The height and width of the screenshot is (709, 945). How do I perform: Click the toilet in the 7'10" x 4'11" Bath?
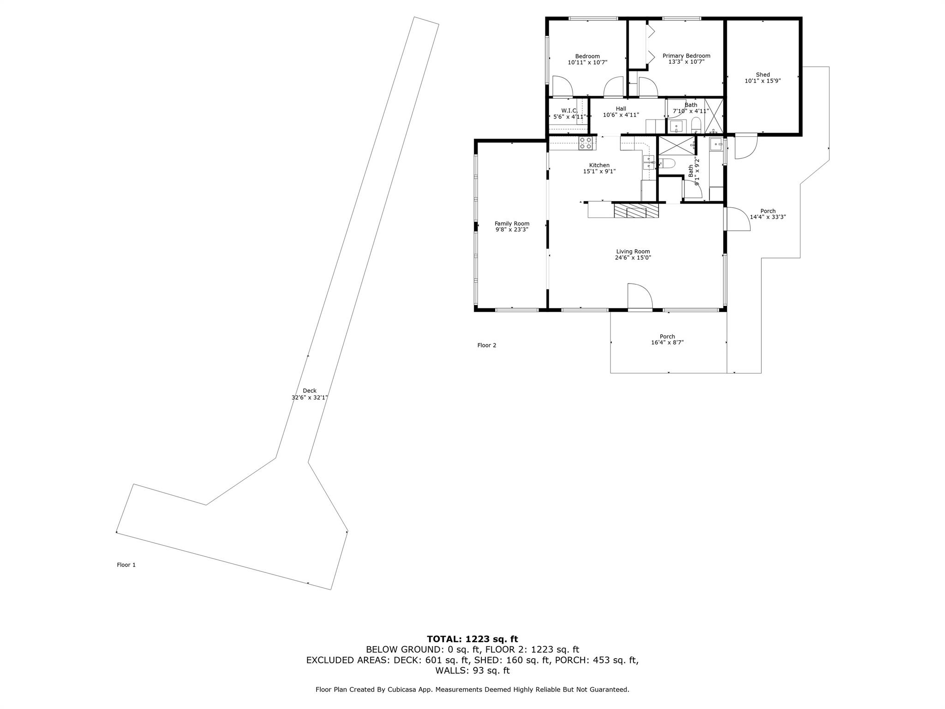pos(696,125)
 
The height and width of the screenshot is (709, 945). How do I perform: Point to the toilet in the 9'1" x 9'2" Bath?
pos(668,162)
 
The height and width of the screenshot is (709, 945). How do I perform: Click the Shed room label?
pos(763,75)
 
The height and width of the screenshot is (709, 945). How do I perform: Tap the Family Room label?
pos(512,223)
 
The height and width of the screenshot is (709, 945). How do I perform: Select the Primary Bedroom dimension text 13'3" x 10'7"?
pos(686,62)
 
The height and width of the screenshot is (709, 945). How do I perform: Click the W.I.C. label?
pos(569,110)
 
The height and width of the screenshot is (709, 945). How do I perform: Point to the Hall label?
pos(621,109)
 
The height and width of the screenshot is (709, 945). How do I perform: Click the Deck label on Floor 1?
pos(310,391)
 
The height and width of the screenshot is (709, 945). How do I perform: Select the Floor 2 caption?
pos(487,345)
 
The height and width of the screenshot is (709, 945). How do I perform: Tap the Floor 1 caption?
pos(126,565)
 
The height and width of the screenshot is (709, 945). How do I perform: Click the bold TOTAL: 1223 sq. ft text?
pos(472,639)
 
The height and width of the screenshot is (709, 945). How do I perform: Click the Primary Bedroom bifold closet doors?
pos(651,44)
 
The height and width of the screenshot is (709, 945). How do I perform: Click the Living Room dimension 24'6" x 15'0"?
pos(633,258)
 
